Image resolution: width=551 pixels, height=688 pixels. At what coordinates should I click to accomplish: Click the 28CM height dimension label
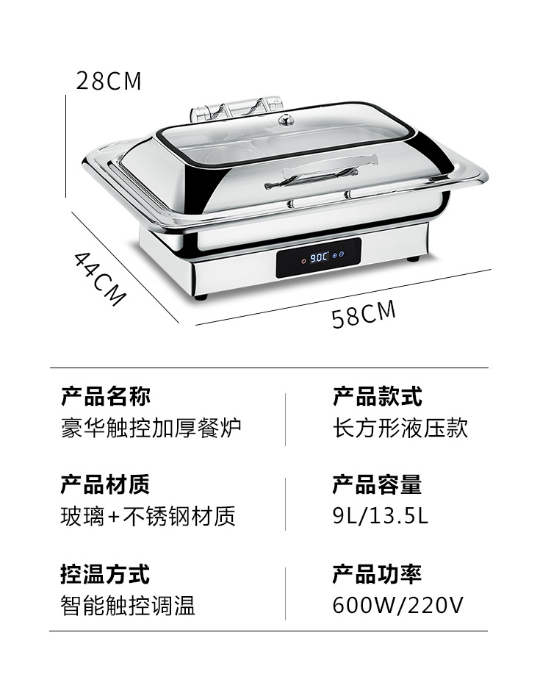coord(109,81)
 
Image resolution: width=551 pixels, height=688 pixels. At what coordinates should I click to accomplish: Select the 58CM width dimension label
coord(364,314)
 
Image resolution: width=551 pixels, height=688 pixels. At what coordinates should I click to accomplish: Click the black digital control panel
coord(319,258)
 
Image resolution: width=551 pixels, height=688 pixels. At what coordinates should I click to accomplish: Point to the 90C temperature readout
coord(318,258)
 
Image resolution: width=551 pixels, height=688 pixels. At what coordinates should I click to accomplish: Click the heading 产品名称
coord(106,397)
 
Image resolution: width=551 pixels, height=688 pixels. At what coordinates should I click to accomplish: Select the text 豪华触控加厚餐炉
coord(151,428)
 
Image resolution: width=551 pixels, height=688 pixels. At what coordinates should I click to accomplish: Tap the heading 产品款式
coord(377,397)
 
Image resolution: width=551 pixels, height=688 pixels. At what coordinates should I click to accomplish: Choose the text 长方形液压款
coord(400,428)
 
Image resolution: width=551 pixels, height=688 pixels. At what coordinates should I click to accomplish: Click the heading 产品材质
coord(106,485)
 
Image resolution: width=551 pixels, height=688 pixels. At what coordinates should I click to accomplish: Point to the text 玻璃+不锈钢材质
coord(148,516)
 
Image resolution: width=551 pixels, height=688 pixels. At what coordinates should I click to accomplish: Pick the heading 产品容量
coord(377,485)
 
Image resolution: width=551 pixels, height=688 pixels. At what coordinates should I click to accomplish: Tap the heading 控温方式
coord(106,573)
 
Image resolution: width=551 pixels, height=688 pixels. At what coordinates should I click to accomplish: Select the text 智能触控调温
coord(128,605)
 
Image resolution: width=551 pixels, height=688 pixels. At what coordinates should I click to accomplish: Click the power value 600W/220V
coord(397,605)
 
